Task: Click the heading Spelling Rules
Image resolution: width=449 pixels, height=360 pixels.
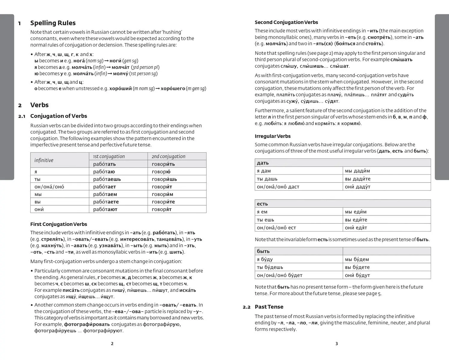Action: [53, 23]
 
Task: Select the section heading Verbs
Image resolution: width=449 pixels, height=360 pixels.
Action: [39, 105]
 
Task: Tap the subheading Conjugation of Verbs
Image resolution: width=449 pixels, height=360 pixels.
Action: [59, 116]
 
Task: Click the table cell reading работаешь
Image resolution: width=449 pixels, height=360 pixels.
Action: [107, 179]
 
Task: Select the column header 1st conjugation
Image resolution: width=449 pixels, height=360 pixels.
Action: [109, 157]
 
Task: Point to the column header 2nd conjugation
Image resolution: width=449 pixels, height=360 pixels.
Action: [168, 157]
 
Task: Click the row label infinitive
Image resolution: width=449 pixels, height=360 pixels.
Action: [44, 160]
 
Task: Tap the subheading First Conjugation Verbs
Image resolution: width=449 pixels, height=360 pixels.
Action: [59, 224]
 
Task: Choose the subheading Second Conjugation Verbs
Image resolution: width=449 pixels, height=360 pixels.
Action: [286, 22]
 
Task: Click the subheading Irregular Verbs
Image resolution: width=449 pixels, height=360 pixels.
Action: [272, 136]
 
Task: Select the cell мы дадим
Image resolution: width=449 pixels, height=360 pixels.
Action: [357, 171]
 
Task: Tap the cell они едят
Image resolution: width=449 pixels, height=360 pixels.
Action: [356, 228]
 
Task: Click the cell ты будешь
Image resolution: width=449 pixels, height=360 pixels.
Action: [270, 267]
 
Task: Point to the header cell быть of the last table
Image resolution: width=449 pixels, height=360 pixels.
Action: [263, 251]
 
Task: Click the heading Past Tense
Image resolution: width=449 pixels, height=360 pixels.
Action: [269, 307]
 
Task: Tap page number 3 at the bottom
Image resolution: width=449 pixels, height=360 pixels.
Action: [336, 344]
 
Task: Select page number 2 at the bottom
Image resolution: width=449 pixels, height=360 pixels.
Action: [112, 344]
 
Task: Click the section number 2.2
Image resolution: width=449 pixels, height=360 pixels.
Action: [246, 307]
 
